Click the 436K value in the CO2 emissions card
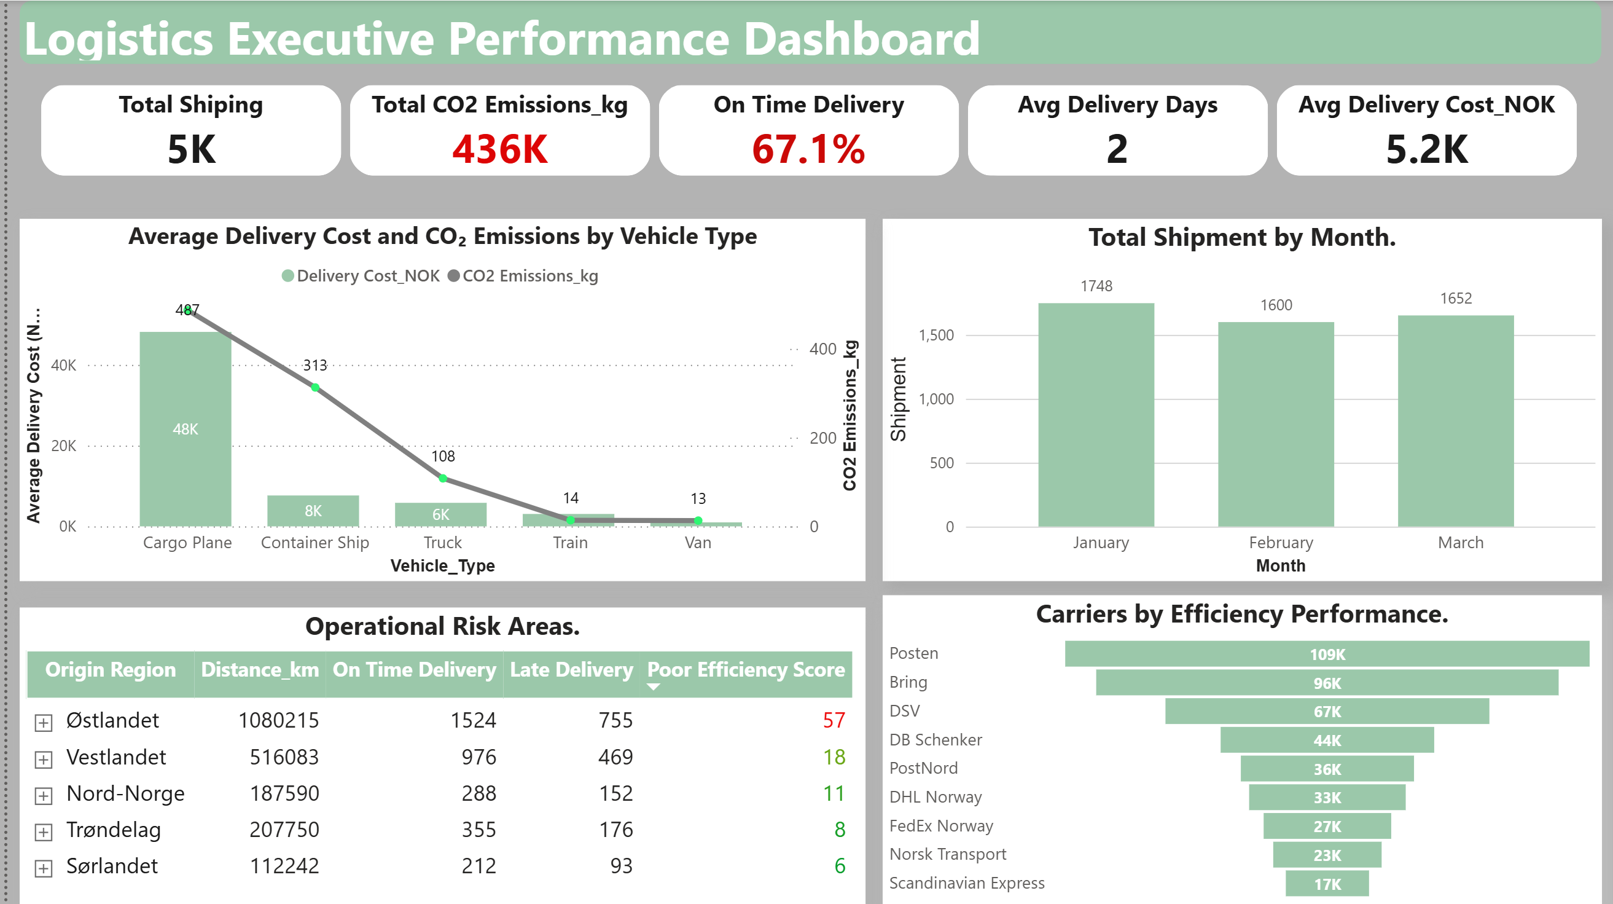pos(499,149)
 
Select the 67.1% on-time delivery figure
pos(808,149)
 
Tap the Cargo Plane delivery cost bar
pos(186,428)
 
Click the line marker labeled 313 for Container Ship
pos(316,388)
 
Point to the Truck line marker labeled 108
pos(443,479)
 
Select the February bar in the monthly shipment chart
pos(1276,424)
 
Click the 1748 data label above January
pos(1096,286)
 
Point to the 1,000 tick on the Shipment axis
pos(936,399)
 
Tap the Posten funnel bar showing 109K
pos(1326,653)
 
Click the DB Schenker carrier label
pos(935,739)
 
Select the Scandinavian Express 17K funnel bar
pos(1326,884)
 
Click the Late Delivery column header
pos(571,670)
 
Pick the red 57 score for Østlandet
pos(834,720)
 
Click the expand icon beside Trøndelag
pos(43,832)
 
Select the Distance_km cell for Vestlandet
pos(284,757)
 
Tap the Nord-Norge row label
pos(125,793)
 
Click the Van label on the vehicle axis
pos(698,542)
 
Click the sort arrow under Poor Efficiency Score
pos(653,686)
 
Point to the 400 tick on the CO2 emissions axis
pos(822,349)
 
